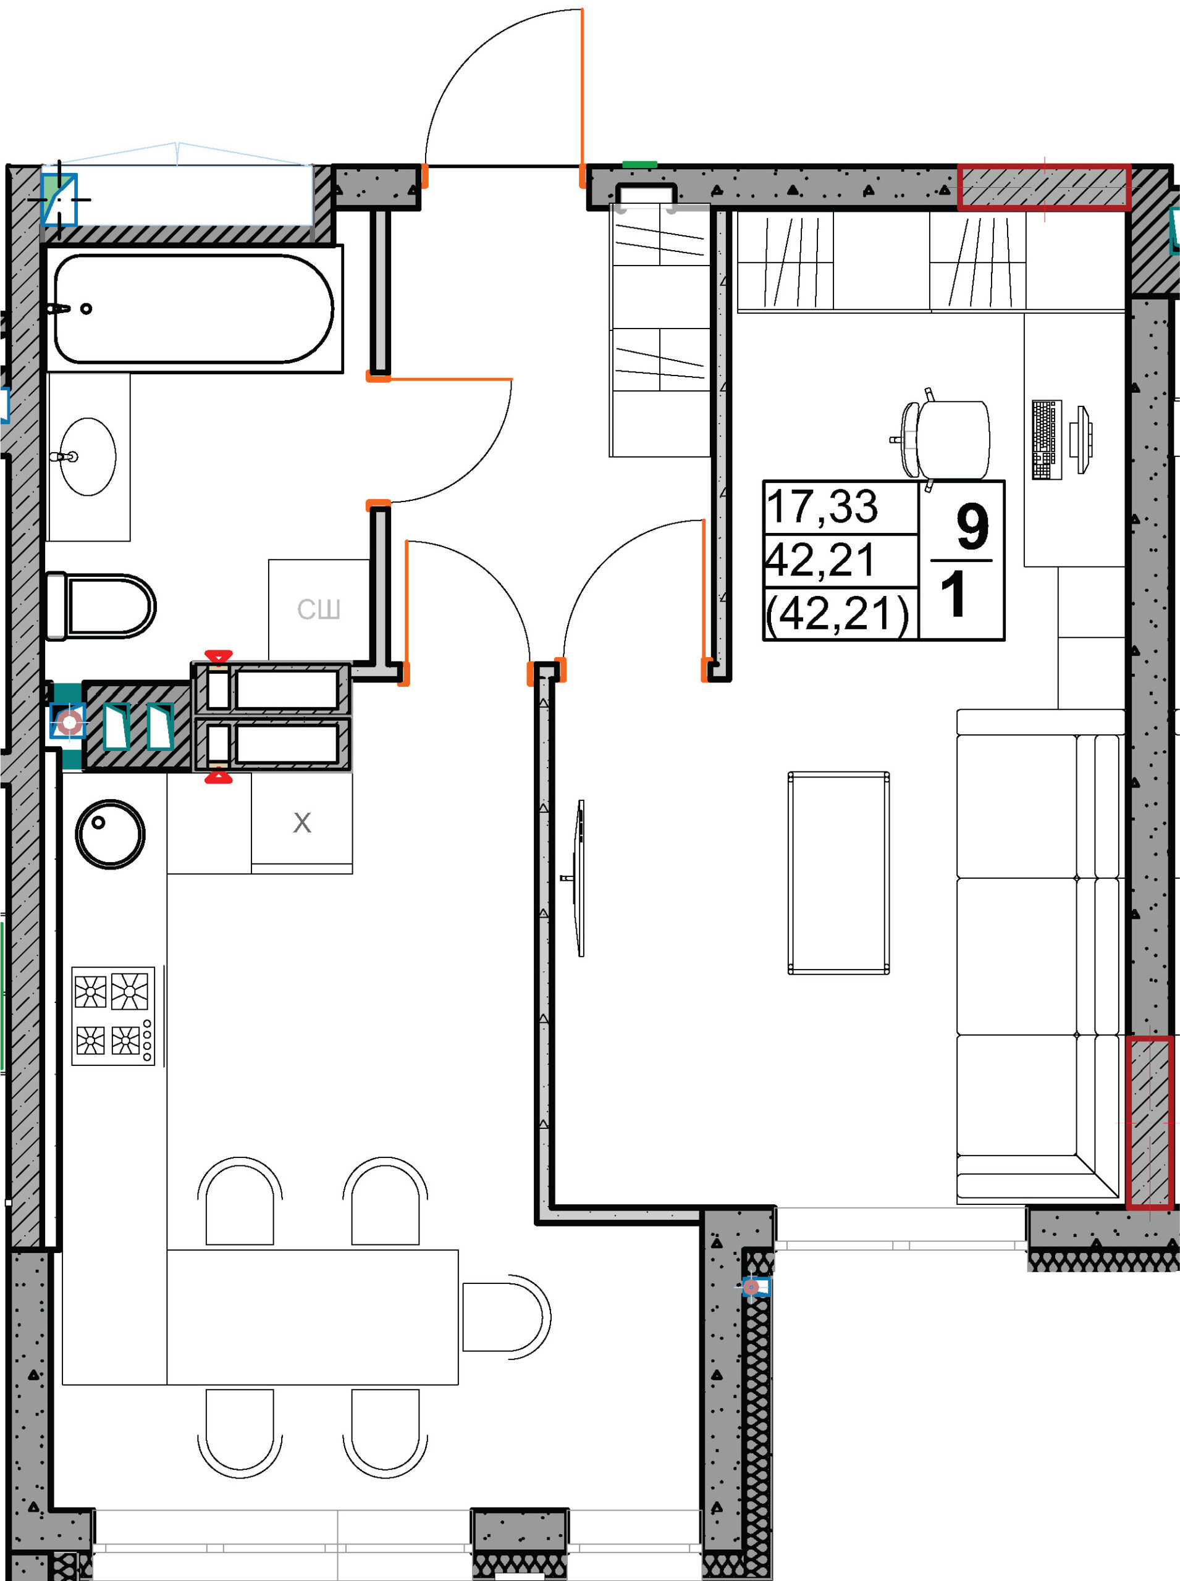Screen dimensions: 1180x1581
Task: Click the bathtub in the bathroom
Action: point(193,309)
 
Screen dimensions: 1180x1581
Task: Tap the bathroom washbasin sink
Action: point(88,457)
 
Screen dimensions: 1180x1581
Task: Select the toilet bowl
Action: point(101,606)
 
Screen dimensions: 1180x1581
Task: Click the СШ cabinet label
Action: point(319,609)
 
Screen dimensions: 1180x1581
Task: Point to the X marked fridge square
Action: point(302,822)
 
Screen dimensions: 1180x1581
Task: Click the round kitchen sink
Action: point(110,833)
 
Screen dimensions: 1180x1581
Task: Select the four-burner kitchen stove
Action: point(113,1015)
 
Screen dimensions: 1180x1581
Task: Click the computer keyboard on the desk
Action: point(1047,439)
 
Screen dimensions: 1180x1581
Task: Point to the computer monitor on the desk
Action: point(1081,439)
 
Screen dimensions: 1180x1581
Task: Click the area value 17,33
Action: point(822,506)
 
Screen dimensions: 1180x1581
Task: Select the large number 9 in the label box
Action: point(972,526)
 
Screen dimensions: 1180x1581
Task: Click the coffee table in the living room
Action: point(838,872)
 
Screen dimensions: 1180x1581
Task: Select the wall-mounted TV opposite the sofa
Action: point(579,878)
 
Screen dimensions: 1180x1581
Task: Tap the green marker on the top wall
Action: point(639,165)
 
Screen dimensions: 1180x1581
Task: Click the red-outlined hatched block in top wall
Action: point(1043,188)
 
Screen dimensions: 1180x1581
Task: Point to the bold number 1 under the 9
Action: point(953,593)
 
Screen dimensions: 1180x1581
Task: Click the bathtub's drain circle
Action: point(86,309)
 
